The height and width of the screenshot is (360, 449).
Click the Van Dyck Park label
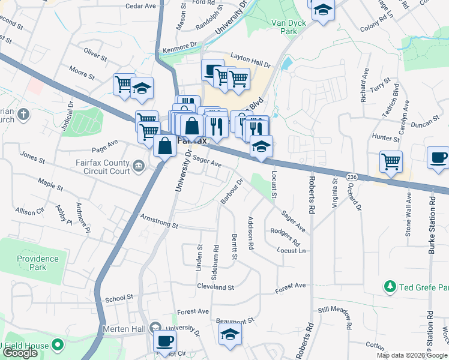tap(289, 26)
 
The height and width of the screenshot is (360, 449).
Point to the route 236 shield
tap(352, 176)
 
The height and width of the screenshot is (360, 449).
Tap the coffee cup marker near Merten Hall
tap(164, 340)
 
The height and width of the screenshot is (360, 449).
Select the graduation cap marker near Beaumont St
tap(229, 335)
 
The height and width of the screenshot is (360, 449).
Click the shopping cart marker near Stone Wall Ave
tap(391, 160)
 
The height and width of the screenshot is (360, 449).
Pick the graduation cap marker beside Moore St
tap(142, 88)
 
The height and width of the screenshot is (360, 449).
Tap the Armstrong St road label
tap(159, 221)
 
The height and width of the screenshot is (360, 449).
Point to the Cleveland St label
tap(215, 287)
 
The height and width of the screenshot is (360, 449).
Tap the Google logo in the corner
tap(19, 353)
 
